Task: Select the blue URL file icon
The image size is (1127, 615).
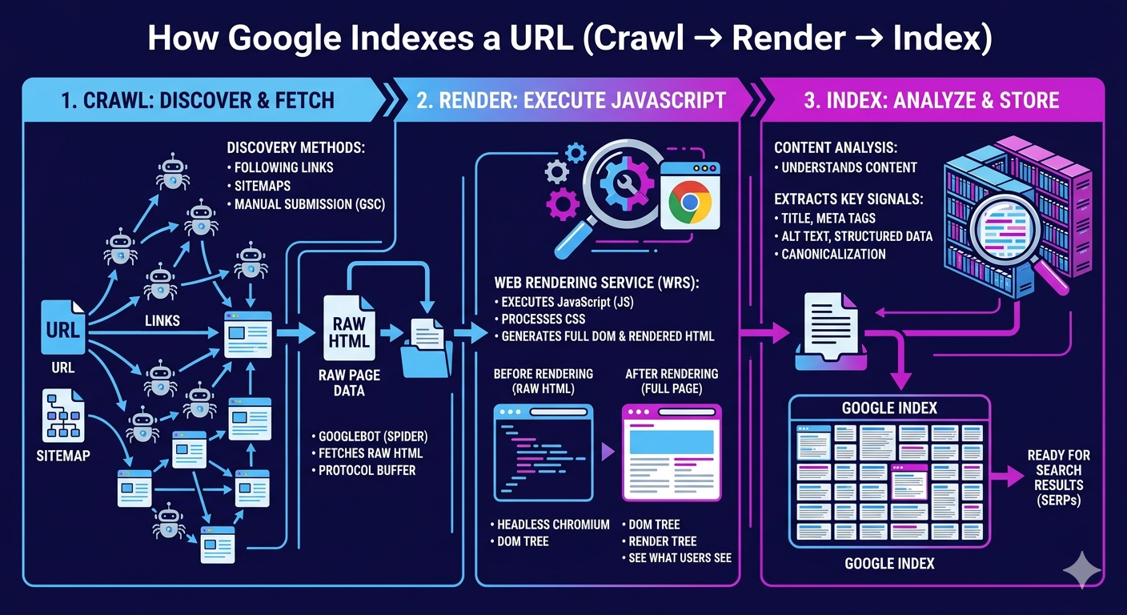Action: click(63, 328)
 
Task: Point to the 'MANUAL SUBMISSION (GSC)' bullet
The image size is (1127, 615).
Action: click(309, 204)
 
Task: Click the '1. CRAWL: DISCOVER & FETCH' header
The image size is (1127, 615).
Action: click(198, 100)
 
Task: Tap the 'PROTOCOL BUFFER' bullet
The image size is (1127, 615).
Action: click(367, 470)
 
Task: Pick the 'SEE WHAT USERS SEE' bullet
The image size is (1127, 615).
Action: click(680, 557)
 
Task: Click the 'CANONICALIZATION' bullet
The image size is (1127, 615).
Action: click(833, 254)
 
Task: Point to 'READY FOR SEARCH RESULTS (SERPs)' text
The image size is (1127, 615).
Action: click(1058, 477)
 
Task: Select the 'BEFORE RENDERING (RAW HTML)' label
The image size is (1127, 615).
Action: click(543, 381)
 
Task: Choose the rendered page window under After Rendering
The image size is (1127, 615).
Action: click(672, 452)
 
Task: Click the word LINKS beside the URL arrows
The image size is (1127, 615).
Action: click(162, 320)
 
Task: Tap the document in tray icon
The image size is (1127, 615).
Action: click(830, 332)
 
